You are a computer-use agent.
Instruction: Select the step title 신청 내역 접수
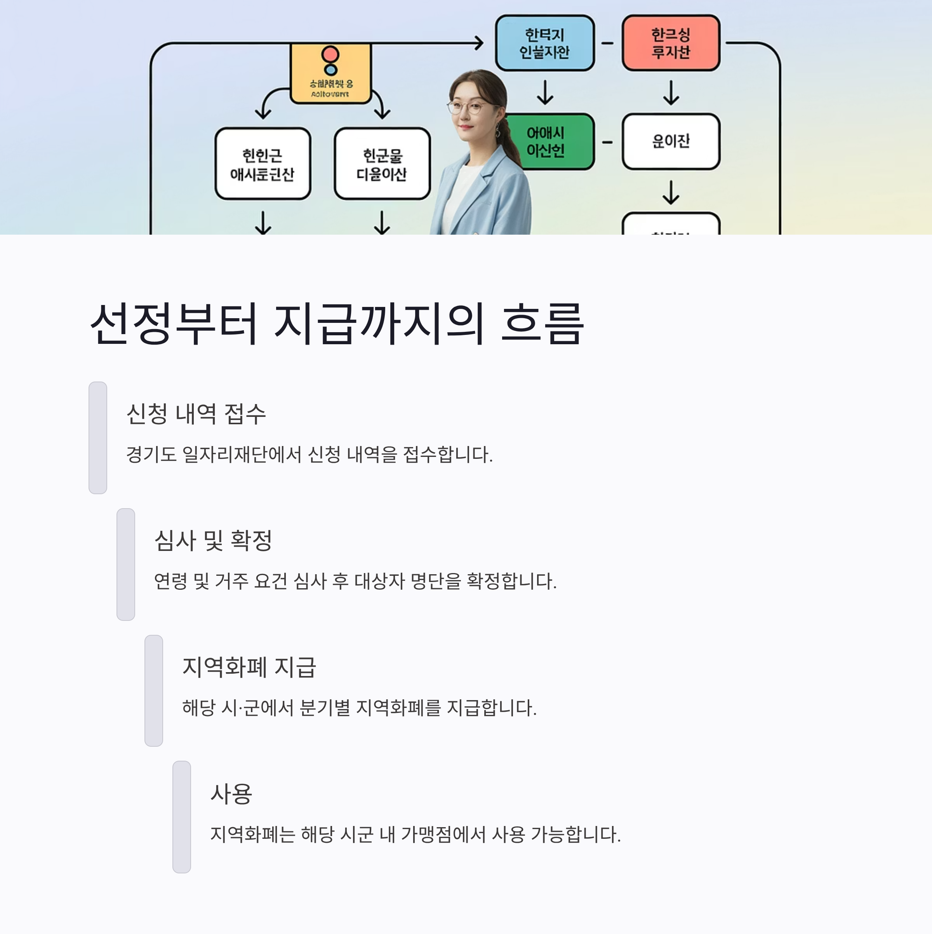[196, 414]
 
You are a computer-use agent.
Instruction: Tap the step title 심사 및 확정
[213, 540]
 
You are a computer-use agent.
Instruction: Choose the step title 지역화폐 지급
[249, 667]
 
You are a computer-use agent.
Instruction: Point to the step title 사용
[231, 794]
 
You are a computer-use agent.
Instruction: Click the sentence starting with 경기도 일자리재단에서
[309, 455]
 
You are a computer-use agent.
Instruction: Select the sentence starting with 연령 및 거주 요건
[355, 581]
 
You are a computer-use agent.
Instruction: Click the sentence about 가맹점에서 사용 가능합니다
[416, 835]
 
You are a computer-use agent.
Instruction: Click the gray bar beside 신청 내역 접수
[97, 437]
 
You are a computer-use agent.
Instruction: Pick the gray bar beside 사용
[182, 817]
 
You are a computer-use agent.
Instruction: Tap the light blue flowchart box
[544, 43]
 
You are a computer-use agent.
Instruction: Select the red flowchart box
[671, 43]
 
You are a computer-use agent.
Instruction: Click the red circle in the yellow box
[330, 54]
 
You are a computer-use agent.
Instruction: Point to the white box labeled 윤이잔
[671, 141]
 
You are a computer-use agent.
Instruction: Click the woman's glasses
[466, 107]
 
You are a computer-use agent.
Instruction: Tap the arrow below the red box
[671, 93]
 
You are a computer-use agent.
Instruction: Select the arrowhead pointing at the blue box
[479, 43]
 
